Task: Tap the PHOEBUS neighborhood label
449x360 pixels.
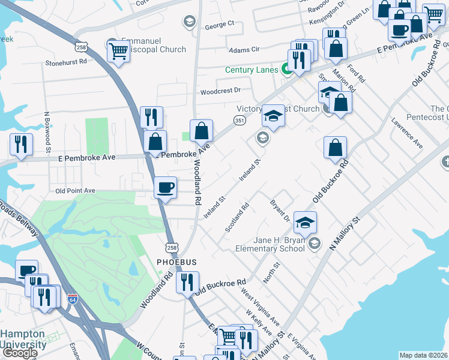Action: coord(177,262)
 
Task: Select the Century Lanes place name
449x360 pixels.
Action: coord(252,70)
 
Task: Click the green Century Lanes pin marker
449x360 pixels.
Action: coord(287,70)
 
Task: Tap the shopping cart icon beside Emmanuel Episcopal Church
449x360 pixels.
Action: coord(118,52)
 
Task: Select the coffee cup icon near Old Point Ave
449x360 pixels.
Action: coord(166,188)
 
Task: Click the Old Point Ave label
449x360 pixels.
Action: coord(75,191)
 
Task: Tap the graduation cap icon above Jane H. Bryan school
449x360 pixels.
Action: coord(305,223)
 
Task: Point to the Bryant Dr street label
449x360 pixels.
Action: coord(280,210)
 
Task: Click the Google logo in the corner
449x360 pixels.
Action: coord(19,353)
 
